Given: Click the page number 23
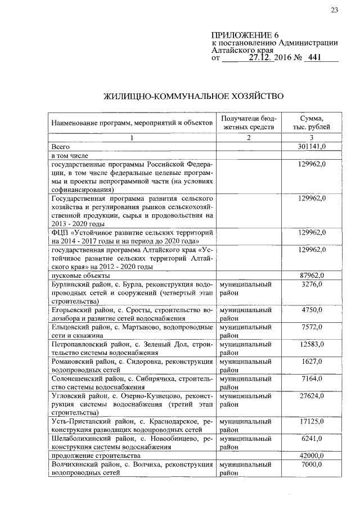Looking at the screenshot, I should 334,10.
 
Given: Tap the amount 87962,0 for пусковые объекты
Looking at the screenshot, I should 314,276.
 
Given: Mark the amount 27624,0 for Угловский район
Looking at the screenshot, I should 314,396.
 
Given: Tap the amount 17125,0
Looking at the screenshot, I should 314,421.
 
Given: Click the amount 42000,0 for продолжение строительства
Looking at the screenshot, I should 314,456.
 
